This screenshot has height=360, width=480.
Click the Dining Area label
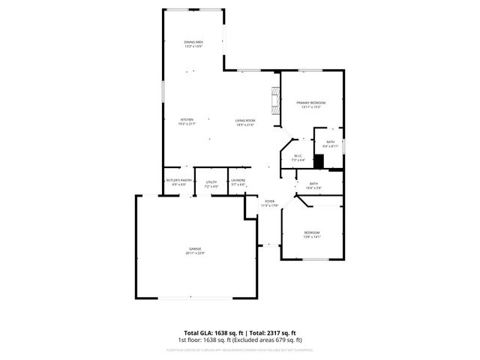click(194, 41)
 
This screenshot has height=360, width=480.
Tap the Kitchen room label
click(187, 121)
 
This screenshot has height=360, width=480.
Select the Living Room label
click(245, 121)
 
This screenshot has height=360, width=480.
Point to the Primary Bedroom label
click(311, 103)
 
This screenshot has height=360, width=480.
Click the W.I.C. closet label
click(298, 156)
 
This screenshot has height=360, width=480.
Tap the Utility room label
click(211, 180)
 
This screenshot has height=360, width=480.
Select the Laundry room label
click(238, 180)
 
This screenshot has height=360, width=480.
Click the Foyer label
click(268, 200)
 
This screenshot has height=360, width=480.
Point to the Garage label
click(194, 249)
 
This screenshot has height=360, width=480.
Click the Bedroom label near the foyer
click(312, 232)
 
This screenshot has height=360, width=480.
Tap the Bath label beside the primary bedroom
click(330, 142)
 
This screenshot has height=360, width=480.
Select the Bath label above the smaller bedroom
click(313, 184)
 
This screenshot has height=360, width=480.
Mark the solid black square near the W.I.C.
click(318, 160)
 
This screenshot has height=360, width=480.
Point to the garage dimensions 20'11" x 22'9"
click(194, 253)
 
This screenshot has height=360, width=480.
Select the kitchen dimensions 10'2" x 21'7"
click(187, 124)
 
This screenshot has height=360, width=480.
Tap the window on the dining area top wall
click(194, 10)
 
